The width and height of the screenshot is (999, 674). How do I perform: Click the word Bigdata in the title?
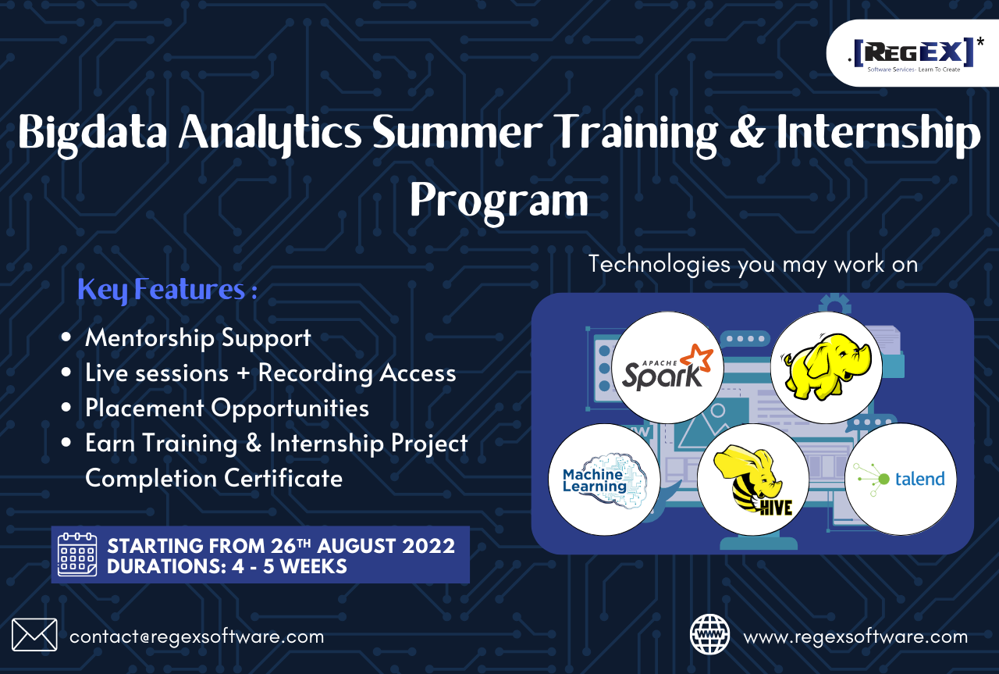click(x=92, y=132)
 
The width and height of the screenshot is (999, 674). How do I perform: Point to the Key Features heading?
click(x=167, y=290)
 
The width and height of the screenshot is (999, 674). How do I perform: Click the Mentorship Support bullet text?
click(x=197, y=337)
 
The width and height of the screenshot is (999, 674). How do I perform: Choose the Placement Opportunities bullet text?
click(x=226, y=408)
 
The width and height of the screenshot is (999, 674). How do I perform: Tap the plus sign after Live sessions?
click(x=244, y=373)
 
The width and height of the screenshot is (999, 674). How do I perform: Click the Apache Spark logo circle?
click(x=667, y=368)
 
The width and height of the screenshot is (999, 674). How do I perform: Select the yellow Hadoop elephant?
click(x=826, y=368)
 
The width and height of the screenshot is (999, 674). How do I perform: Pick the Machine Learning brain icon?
click(x=605, y=480)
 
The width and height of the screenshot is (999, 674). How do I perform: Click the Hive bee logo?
click(x=753, y=480)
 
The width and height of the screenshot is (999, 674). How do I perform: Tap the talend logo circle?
click(x=901, y=480)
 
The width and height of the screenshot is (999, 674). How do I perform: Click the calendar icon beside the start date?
click(x=77, y=555)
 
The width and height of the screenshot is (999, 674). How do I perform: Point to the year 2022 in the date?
click(x=428, y=546)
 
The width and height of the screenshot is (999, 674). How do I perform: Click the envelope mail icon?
click(x=34, y=634)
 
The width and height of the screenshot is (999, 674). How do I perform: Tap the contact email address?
click(x=197, y=637)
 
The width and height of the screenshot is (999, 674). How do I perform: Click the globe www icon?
click(x=709, y=634)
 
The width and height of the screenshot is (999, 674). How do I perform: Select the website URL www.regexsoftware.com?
click(x=855, y=637)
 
